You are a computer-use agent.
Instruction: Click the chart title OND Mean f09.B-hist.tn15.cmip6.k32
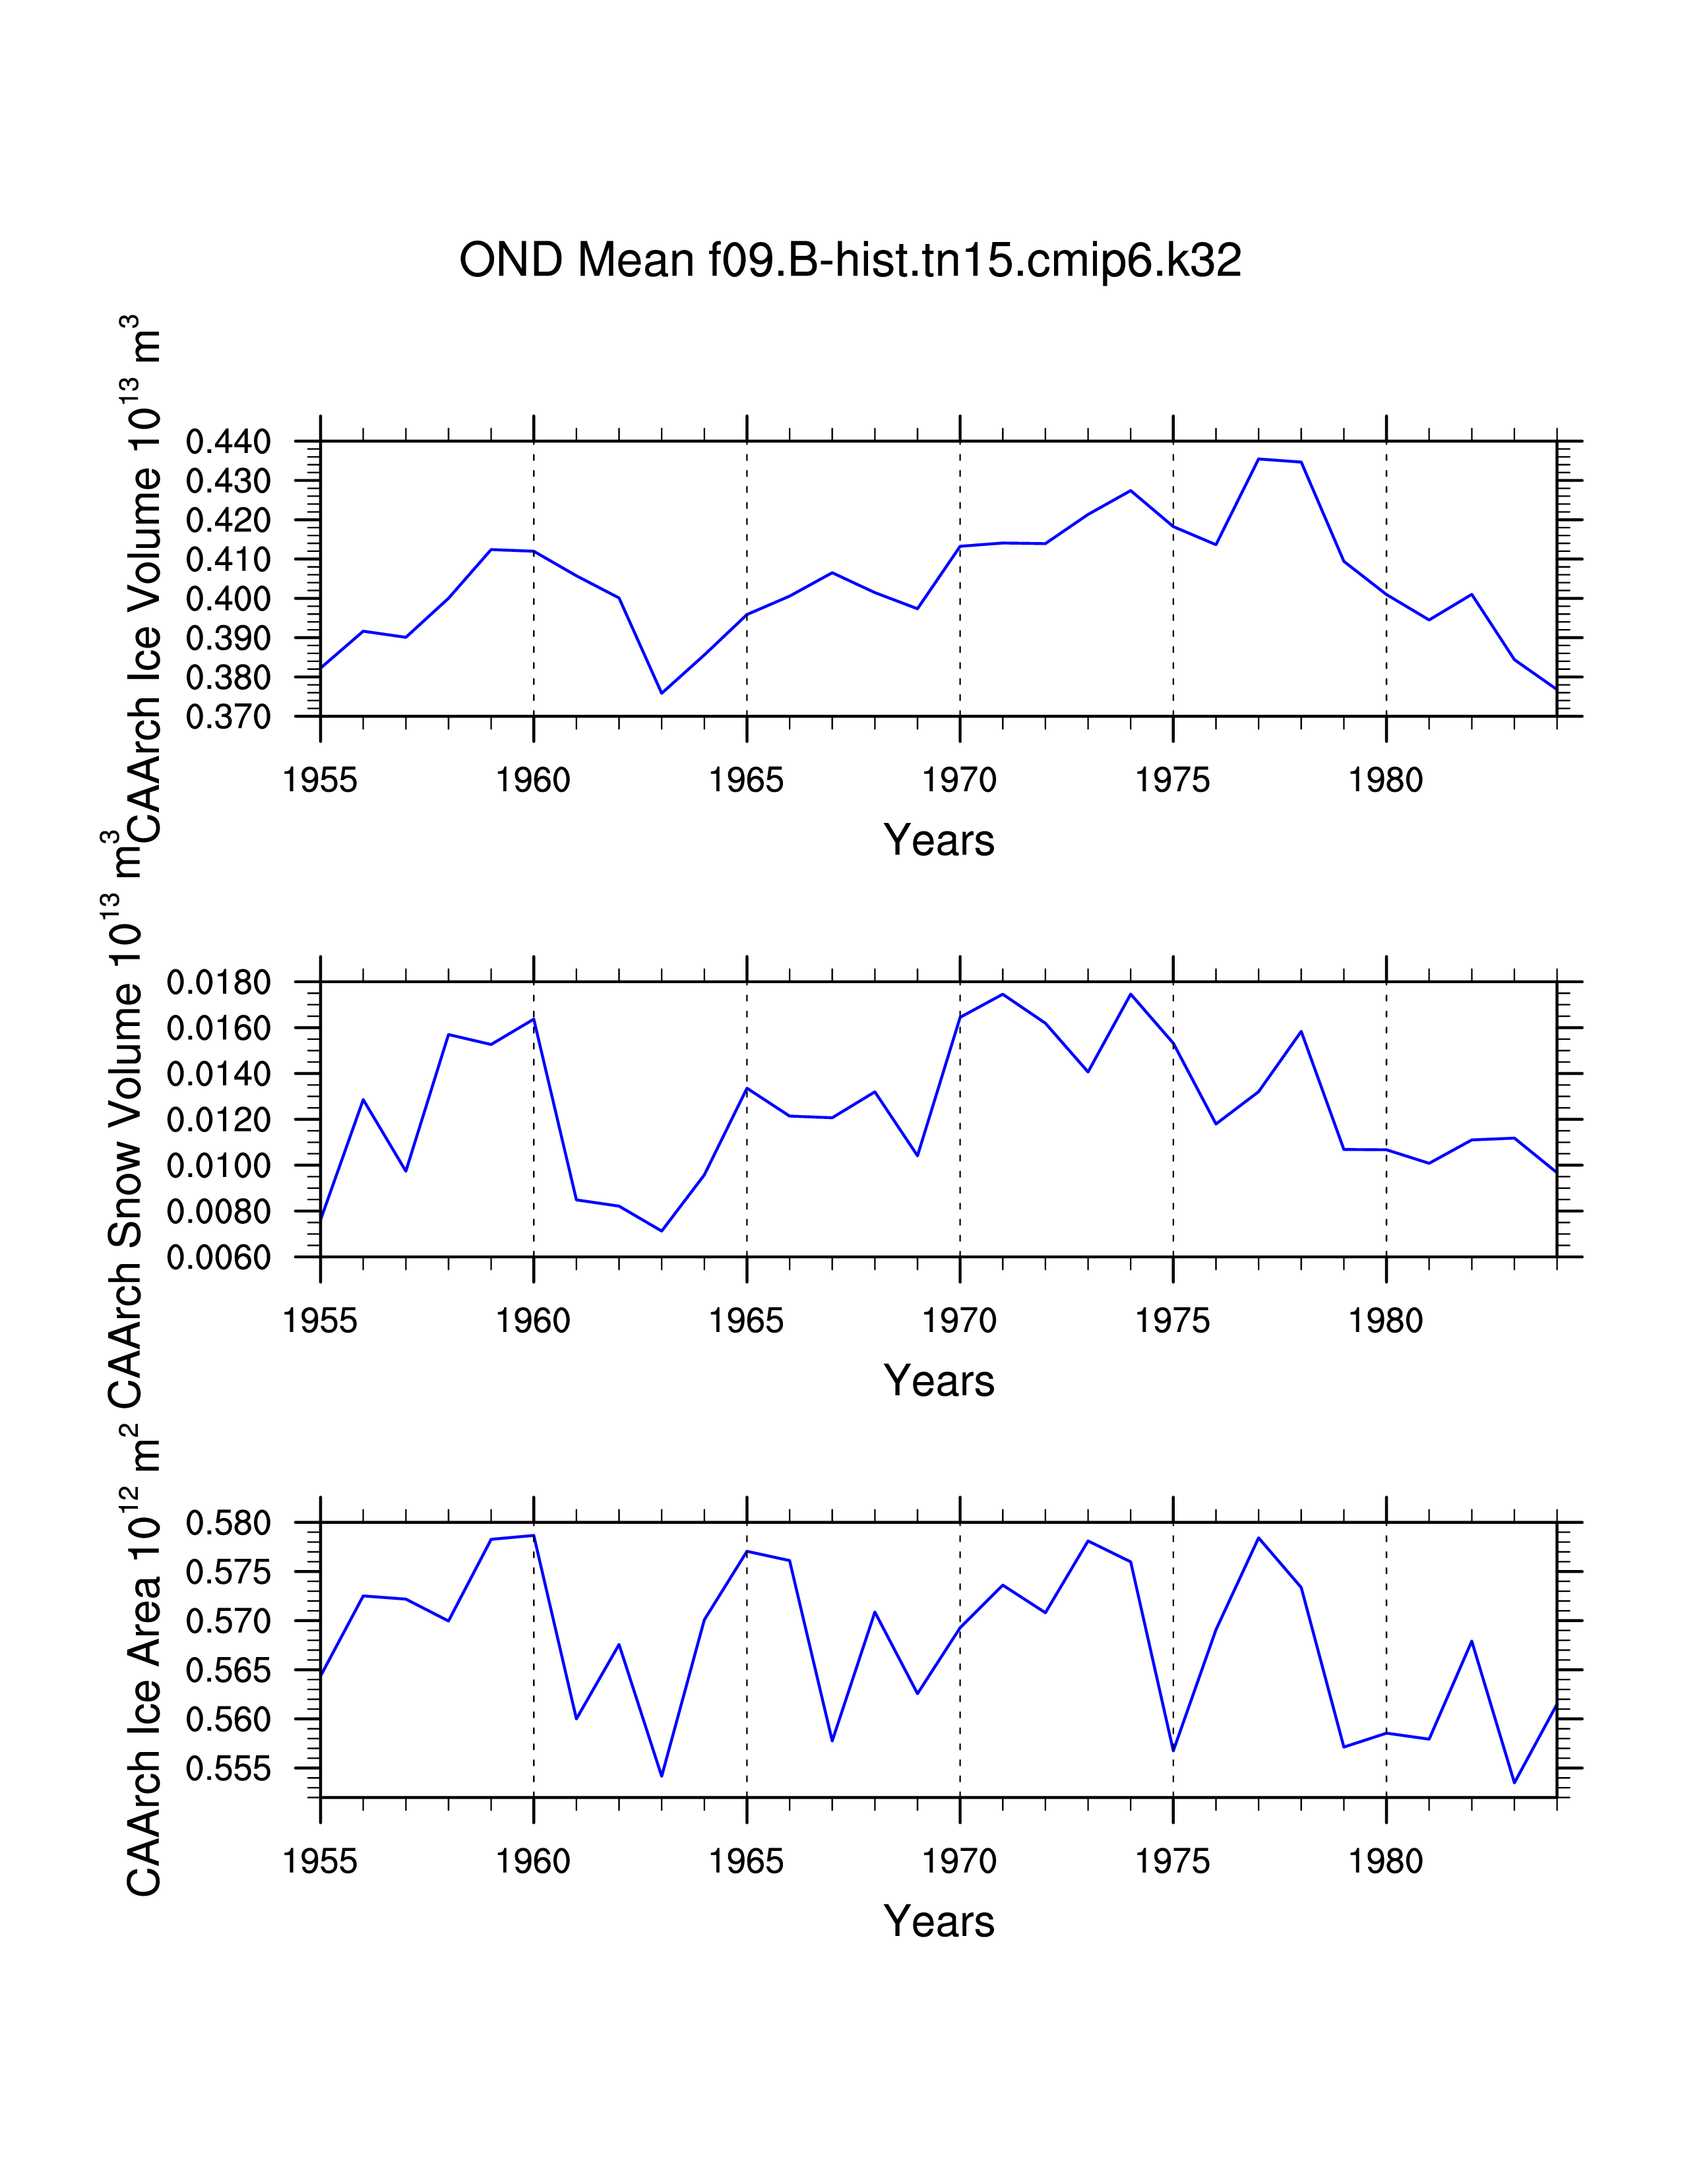coord(850,261)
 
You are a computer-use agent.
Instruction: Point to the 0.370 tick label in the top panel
coord(228,717)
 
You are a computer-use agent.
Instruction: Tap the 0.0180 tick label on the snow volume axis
coord(218,983)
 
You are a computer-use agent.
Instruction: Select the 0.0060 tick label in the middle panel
coord(218,1258)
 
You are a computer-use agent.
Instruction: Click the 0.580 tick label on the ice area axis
coord(228,1523)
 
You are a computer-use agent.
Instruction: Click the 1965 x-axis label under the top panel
coord(746,780)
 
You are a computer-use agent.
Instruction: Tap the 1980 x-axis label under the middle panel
coord(1385,1321)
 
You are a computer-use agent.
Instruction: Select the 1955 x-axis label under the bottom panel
coord(320,1861)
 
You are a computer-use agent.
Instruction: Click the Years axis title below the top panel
coord(939,841)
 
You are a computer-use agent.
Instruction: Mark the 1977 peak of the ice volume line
coord(1259,460)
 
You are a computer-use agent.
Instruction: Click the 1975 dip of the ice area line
coord(1173,1751)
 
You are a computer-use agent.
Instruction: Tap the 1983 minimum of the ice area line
coord(1514,1782)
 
